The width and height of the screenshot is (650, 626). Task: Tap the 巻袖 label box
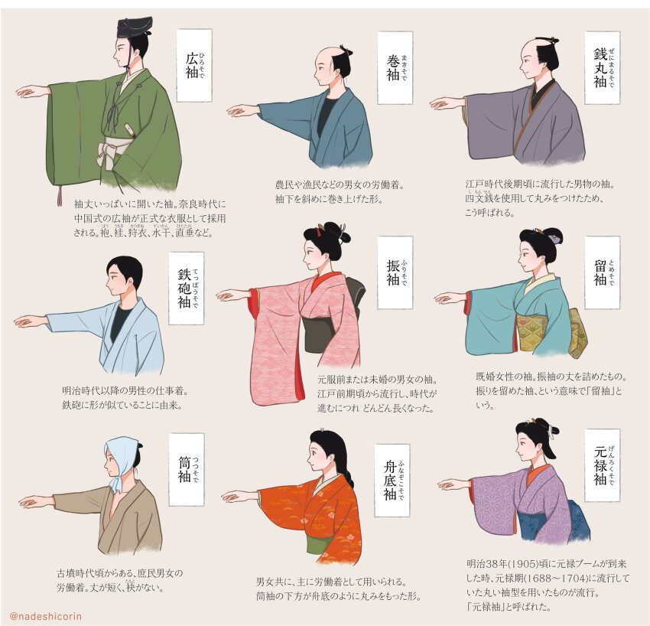click(x=395, y=68)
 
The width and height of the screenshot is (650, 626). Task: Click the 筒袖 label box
click(x=187, y=468)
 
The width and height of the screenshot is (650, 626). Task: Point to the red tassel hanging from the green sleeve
click(x=59, y=196)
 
